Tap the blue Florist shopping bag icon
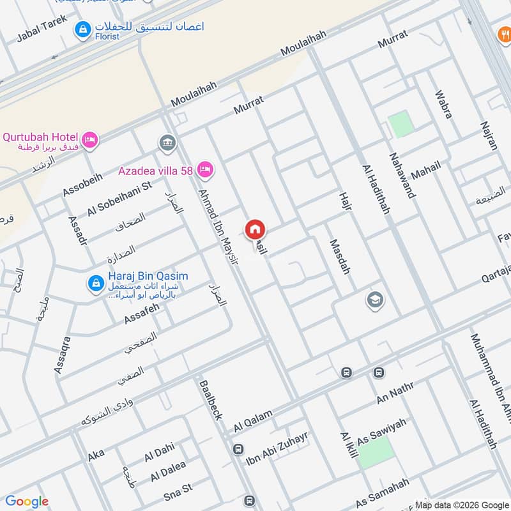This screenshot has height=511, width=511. [x=82, y=29]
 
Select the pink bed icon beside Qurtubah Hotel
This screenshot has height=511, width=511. [x=90, y=139]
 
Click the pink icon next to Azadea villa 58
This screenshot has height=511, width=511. [x=205, y=170]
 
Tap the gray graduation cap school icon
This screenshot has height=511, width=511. [x=375, y=299]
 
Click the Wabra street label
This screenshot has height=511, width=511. [x=443, y=103]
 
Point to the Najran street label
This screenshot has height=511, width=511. [x=487, y=135]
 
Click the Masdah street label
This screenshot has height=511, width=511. [x=340, y=256]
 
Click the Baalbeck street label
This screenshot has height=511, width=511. [x=211, y=400]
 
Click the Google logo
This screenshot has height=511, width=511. [x=27, y=501]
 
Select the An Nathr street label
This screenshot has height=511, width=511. [x=396, y=392]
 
